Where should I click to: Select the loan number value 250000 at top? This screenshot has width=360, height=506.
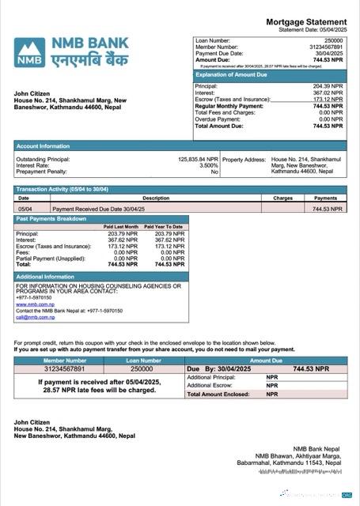tap(334, 40)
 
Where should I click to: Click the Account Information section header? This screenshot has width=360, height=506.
tap(43, 145)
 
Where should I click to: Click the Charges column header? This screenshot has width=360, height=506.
tap(282, 198)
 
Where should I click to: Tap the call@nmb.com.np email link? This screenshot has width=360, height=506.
tap(36, 317)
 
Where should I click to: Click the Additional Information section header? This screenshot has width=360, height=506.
tap(47, 277)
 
